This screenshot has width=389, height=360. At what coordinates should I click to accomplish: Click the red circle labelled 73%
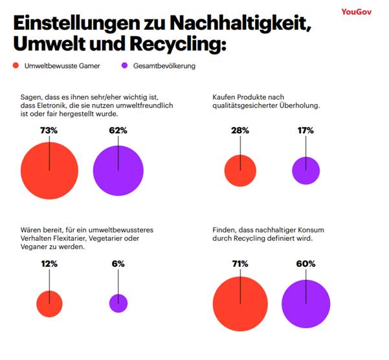[49, 171]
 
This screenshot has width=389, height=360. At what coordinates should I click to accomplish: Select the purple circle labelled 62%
[118, 171]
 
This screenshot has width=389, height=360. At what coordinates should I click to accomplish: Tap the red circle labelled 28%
[240, 172]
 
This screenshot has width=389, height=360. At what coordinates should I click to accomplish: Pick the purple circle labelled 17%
[306, 171]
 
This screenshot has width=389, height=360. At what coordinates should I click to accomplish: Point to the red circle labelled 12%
[50, 303]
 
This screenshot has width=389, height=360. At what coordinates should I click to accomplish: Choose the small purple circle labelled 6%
[118, 303]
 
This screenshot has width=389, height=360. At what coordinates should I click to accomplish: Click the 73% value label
[49, 130]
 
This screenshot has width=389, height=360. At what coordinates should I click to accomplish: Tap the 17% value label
[306, 130]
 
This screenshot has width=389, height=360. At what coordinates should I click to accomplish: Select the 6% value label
[118, 264]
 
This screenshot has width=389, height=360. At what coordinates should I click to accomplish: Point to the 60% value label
[306, 264]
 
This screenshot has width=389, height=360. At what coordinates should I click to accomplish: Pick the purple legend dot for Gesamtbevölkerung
[125, 66]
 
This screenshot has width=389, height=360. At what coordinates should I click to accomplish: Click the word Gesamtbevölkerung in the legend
[164, 66]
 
